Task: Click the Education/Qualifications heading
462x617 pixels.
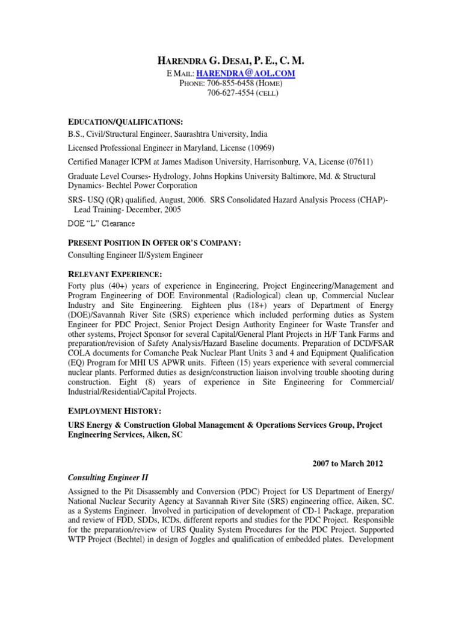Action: click(x=121, y=122)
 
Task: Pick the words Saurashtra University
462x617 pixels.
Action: click(x=208, y=134)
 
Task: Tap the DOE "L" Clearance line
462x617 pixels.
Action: click(x=100, y=224)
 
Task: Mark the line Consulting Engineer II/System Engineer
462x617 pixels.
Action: click(x=135, y=255)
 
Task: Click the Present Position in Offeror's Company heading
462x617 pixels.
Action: click(x=154, y=242)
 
